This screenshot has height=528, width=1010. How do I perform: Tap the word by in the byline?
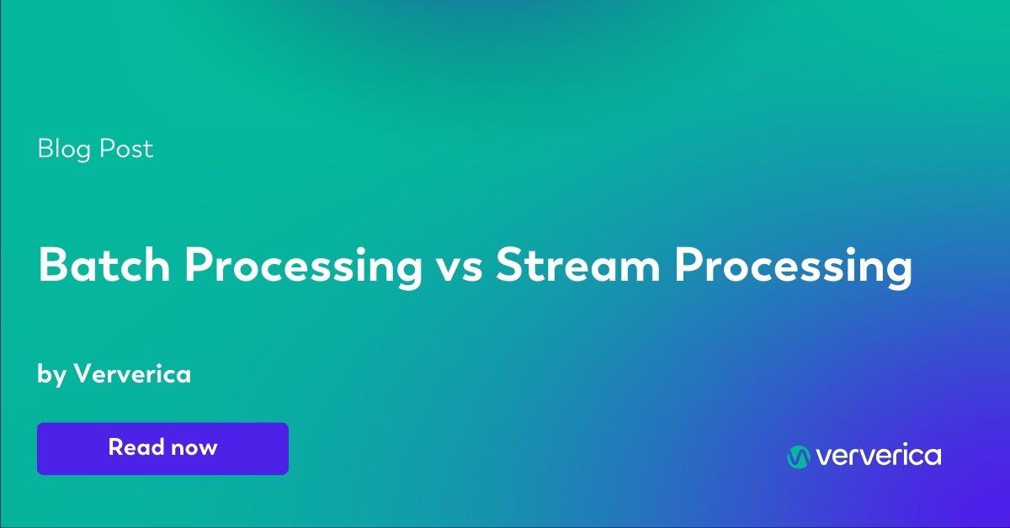(x=51, y=375)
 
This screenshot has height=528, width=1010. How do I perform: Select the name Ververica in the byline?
(x=133, y=374)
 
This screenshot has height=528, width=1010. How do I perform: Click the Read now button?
(x=162, y=448)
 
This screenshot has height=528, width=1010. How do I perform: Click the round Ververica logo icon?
(x=798, y=457)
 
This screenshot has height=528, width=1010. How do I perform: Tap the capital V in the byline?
(x=82, y=374)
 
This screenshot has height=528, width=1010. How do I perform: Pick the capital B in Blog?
(x=45, y=150)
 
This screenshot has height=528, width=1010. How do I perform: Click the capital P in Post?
(x=106, y=150)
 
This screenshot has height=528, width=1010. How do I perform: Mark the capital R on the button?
(x=115, y=447)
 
